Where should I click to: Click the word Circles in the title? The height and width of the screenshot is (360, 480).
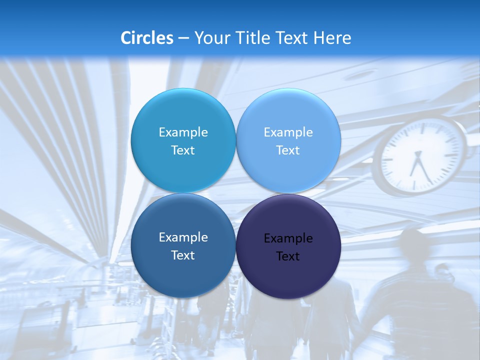146,37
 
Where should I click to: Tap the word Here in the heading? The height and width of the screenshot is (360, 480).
332,37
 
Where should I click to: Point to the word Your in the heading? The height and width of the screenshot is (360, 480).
210,37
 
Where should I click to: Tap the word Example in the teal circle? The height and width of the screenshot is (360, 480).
183,132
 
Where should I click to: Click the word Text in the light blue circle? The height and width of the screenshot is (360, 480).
288,150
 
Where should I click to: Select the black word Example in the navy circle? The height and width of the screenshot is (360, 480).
288,238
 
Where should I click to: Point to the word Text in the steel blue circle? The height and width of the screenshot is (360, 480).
183,255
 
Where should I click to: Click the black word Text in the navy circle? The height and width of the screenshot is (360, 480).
288,256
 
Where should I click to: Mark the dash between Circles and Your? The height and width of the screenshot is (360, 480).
183,38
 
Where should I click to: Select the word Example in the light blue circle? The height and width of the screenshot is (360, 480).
288,132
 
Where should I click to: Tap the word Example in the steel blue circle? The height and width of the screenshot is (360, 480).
183,237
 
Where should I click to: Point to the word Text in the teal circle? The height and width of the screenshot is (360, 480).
183,150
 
